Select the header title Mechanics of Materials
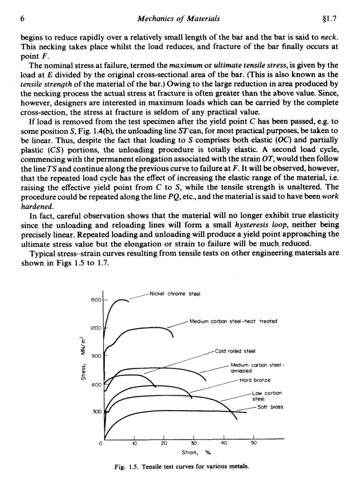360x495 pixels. pyautogui.click(x=178, y=19)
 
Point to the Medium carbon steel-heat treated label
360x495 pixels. pyautogui.click(x=233, y=321)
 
